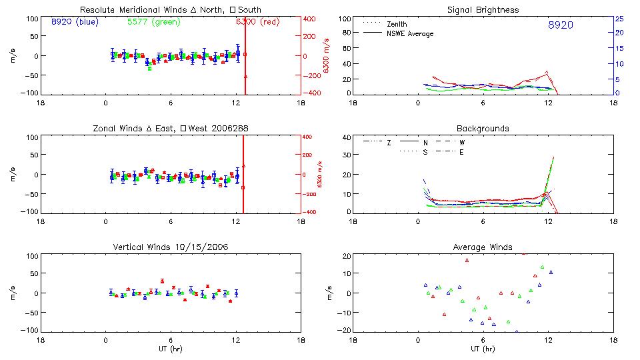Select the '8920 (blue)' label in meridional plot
tap(74, 22)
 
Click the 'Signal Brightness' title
tap(483, 10)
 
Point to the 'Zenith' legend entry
tap(397, 24)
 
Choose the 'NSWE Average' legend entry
tap(410, 33)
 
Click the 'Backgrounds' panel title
tap(483, 129)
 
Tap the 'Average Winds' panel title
tap(483, 247)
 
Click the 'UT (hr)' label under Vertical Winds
tap(171, 349)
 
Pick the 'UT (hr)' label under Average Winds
tap(483, 349)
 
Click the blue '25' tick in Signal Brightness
tap(619, 19)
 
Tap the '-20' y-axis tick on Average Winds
tap(344, 331)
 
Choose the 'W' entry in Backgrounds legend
tap(462, 143)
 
